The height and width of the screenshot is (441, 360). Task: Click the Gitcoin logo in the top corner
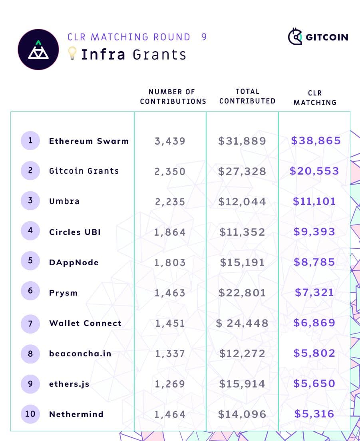click(x=318, y=37)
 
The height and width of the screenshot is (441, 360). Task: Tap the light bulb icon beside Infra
click(x=72, y=54)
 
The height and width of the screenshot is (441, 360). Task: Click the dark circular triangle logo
click(x=38, y=50)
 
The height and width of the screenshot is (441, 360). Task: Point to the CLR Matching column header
click(x=315, y=98)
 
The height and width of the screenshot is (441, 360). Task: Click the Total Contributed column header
click(x=247, y=96)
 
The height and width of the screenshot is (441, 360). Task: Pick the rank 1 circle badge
click(x=30, y=141)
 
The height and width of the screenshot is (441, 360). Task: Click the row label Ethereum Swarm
click(x=89, y=141)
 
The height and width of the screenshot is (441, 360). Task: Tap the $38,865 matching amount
click(x=316, y=141)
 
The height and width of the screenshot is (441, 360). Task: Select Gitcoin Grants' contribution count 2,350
click(x=170, y=171)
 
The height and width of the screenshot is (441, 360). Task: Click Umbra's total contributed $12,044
click(x=242, y=202)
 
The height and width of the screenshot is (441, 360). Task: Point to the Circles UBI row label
click(x=75, y=232)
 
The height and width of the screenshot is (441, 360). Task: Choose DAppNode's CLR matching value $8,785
click(x=314, y=262)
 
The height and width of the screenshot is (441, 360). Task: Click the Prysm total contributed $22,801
click(x=242, y=293)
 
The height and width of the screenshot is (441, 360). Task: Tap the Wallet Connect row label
click(x=85, y=323)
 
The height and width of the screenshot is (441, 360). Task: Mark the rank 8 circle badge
click(x=30, y=354)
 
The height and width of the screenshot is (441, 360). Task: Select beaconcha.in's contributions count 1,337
click(x=170, y=354)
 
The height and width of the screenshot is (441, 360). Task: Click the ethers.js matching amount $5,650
click(x=314, y=384)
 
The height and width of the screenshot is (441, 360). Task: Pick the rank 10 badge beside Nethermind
click(x=30, y=414)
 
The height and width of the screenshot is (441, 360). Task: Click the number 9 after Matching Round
click(x=204, y=37)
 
